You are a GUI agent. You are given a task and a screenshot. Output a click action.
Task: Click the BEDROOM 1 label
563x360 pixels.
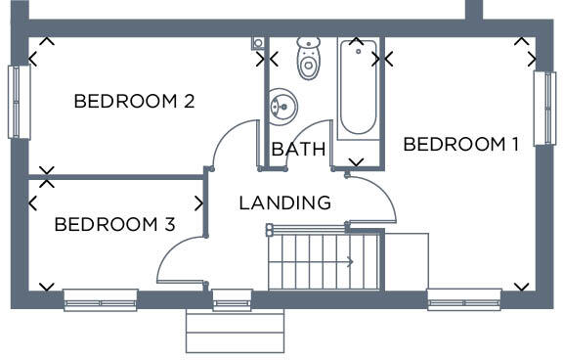click(x=461, y=145)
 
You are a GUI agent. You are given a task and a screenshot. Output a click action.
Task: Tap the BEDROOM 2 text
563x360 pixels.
click(x=134, y=101)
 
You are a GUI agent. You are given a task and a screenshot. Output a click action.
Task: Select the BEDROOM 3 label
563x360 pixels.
click(x=114, y=224)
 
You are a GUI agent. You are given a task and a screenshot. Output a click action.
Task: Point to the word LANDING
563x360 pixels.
click(x=284, y=203)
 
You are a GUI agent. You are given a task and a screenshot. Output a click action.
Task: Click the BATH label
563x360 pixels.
click(x=298, y=150)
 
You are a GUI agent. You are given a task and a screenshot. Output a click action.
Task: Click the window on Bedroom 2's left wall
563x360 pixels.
click(x=17, y=102)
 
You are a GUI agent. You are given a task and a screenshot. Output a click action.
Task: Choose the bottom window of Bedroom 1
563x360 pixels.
click(x=464, y=298)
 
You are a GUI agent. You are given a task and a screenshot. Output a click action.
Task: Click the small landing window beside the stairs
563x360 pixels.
click(x=232, y=298)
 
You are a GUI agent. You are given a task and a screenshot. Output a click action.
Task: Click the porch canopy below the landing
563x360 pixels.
click(x=235, y=332)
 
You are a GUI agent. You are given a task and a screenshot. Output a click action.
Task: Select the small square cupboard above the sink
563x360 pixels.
click(x=258, y=43)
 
